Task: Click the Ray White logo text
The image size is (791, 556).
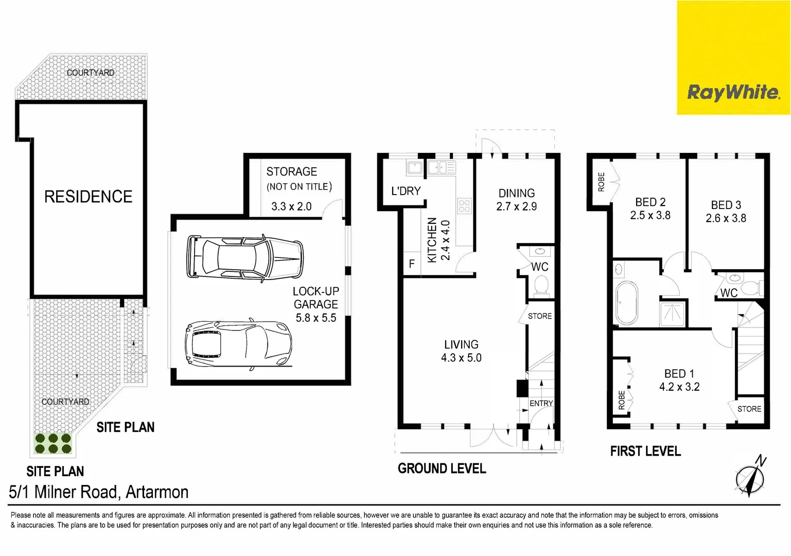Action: click(x=733, y=93)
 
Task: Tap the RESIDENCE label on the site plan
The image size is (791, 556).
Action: click(x=88, y=196)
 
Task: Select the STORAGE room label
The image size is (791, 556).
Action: click(x=291, y=171)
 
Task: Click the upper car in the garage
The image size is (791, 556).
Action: click(x=245, y=257)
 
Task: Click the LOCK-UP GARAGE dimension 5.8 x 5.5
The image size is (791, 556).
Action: click(x=315, y=318)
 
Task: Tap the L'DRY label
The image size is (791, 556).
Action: click(x=406, y=191)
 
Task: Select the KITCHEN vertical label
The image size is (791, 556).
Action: click(x=432, y=240)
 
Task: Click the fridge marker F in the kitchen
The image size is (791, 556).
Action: click(x=412, y=264)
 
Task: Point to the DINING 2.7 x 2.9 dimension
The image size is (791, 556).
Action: click(x=516, y=206)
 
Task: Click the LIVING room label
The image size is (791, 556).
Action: click(x=461, y=344)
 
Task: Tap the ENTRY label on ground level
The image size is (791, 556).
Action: click(x=541, y=404)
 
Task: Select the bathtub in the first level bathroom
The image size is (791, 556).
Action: click(x=626, y=302)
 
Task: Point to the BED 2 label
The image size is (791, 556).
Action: click(x=650, y=202)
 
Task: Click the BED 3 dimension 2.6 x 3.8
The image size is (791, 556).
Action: click(x=726, y=218)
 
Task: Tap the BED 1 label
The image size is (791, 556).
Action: click(x=679, y=374)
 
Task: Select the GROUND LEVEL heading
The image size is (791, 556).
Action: click(x=442, y=468)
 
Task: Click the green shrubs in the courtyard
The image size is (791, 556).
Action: click(x=53, y=444)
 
